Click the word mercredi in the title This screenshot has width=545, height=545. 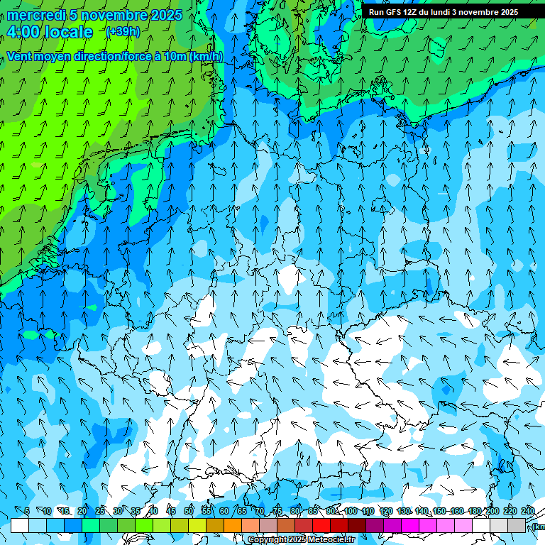point(36,15)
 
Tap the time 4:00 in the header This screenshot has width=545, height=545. point(23,32)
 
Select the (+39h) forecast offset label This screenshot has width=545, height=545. point(123,32)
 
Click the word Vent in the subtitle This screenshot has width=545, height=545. point(21,56)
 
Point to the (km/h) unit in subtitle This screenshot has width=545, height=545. point(207,56)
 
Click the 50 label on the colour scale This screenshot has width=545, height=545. point(189,511)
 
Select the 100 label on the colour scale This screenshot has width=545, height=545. point(350,511)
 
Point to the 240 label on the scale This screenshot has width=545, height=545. point(528,511)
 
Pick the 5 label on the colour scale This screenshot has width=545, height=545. point(27,511)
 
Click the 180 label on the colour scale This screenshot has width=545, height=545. point(473,511)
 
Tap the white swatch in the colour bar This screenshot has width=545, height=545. point(20,525)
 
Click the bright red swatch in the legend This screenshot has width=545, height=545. point(321,525)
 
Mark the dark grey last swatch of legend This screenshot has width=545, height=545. point(517,525)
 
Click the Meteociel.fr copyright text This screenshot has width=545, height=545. point(301,540)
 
